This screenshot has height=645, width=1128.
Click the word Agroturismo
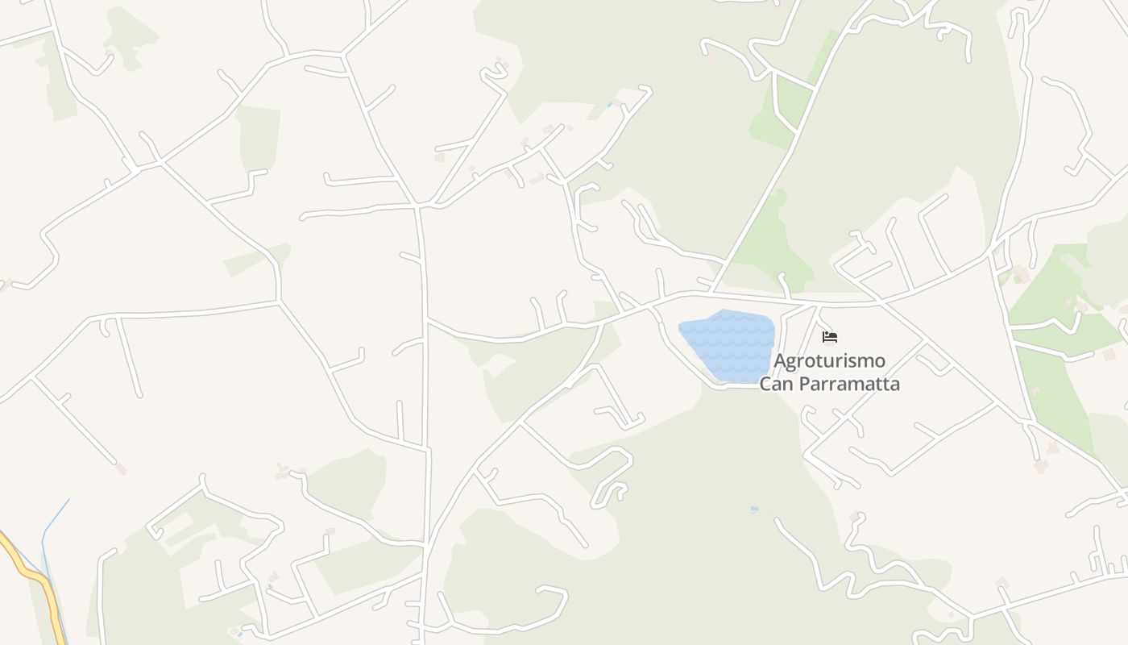(829, 360)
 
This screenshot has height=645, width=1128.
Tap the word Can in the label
(774, 384)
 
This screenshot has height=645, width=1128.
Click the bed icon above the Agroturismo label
(830, 337)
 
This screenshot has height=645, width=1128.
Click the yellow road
(36, 576)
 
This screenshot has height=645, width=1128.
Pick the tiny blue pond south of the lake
(754, 509)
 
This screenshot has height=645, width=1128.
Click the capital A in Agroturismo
(780, 360)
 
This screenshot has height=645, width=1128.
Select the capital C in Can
(765, 384)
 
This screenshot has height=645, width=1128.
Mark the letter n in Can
(785, 385)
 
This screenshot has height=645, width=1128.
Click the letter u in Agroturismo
(829, 361)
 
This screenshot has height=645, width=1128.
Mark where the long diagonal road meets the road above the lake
(712, 291)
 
